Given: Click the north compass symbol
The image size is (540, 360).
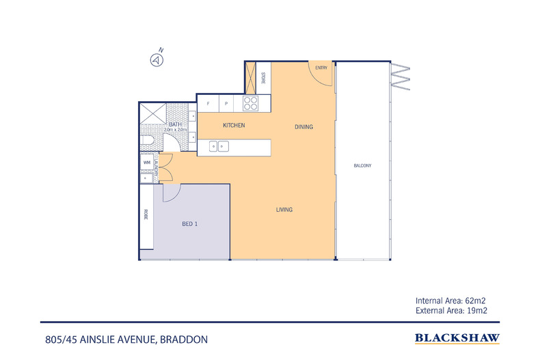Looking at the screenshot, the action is pyautogui.click(x=157, y=60).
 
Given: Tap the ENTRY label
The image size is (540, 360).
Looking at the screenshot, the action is pyautogui.click(x=321, y=68).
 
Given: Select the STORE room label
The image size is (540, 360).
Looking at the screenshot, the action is pyautogui.click(x=263, y=78).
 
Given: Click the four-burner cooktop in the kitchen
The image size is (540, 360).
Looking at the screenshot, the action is pyautogui.click(x=250, y=103).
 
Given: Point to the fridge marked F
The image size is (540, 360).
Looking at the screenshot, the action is pyautogui.click(x=208, y=103).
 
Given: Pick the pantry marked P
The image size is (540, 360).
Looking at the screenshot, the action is pyautogui.click(x=226, y=103).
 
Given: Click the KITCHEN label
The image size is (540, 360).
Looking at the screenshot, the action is pyautogui.click(x=234, y=125).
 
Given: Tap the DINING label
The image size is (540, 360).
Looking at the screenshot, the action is pyautogui.click(x=303, y=126).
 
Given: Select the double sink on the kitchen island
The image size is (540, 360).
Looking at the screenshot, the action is pyautogui.click(x=219, y=146).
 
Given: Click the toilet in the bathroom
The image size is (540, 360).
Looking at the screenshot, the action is pyautogui.click(x=147, y=141).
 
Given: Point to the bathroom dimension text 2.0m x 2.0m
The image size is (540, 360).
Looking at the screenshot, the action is pyautogui.click(x=175, y=130).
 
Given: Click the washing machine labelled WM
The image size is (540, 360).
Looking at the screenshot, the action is pyautogui.click(x=147, y=163).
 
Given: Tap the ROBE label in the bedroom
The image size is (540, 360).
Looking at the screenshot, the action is pyautogui.click(x=146, y=214).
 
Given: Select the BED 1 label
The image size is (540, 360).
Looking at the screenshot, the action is pyautogui.click(x=190, y=224).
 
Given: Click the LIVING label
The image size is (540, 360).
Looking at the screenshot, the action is pyautogui.click(x=284, y=210).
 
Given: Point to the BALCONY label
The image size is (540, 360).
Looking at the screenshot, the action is pyautogui.click(x=363, y=165).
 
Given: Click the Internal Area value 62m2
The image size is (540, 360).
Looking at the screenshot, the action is pyautogui.click(x=475, y=301).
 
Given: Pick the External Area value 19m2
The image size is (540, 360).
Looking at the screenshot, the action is pyautogui.click(x=477, y=310).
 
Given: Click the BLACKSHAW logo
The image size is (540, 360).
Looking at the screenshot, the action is pyautogui.click(x=457, y=339).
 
